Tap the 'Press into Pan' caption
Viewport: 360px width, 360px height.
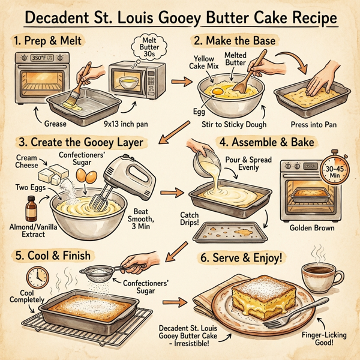point(313,125)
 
